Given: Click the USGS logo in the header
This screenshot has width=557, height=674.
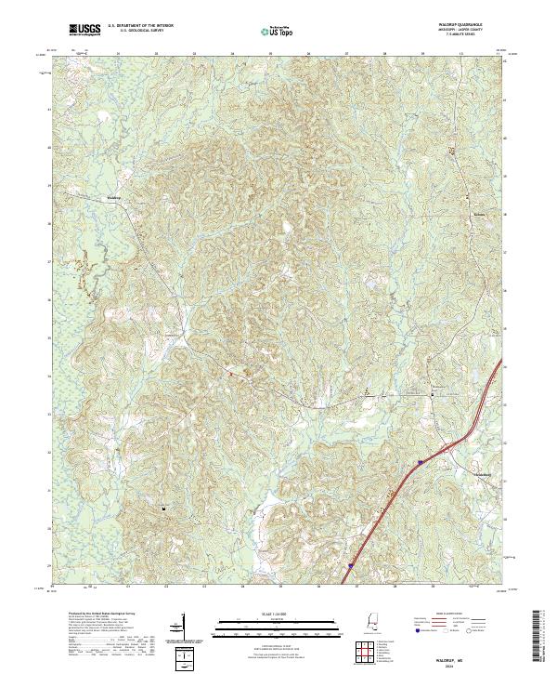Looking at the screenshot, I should tap(85, 30).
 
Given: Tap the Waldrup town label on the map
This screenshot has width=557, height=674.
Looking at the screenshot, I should tap(113, 198).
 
